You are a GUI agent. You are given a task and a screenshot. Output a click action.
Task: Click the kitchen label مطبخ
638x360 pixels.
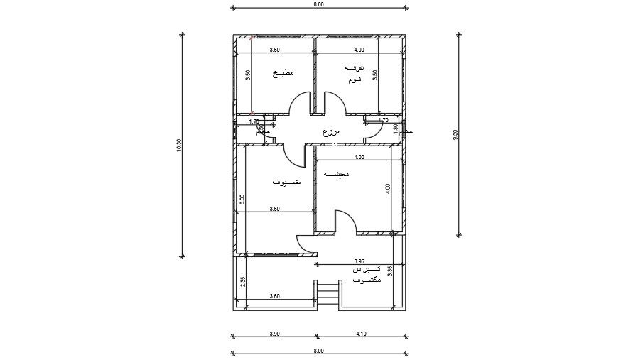283,73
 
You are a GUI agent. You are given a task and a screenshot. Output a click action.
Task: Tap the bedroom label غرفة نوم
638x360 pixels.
354,73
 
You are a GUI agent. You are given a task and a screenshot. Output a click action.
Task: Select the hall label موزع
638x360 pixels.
331,132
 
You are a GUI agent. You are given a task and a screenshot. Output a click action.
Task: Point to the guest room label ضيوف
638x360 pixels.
286,182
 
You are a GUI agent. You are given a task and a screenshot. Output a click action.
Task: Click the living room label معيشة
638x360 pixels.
337,174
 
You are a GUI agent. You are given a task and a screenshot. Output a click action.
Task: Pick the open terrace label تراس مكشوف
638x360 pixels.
366,275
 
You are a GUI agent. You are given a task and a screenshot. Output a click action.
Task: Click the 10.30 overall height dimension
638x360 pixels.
179,144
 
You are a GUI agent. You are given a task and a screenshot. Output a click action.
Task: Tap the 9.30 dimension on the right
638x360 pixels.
455,135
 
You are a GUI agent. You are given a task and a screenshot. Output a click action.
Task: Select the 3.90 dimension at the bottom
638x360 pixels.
274,334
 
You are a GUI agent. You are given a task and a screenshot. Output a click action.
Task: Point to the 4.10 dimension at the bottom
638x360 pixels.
362,334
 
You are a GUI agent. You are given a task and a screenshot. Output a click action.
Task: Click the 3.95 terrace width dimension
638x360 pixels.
359,261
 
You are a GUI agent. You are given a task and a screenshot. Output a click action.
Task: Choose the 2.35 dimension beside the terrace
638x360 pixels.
243,281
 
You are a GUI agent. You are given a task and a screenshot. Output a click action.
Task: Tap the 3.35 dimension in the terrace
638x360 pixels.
391,270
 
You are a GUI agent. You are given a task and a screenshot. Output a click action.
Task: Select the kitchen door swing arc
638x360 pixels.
301,103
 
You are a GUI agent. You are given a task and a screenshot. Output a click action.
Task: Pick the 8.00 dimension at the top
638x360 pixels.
318,4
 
